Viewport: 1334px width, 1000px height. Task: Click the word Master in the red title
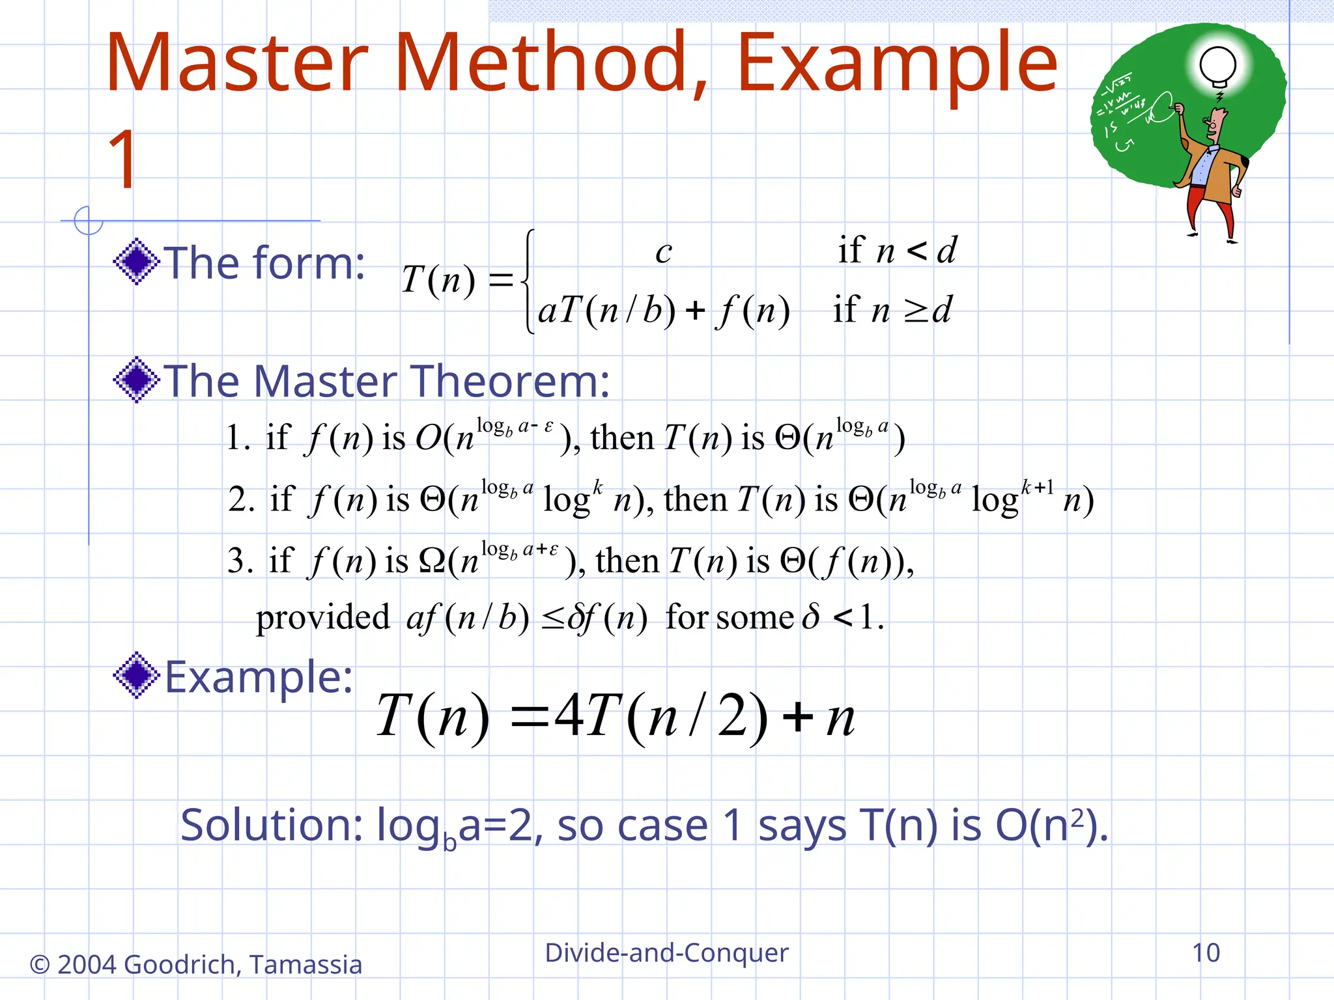[236, 63]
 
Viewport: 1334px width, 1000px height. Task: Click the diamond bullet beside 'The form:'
[136, 262]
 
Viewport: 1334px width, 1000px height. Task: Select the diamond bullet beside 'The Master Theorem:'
[136, 380]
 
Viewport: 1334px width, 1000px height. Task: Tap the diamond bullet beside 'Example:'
[136, 675]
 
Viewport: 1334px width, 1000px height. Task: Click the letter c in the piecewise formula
[663, 253]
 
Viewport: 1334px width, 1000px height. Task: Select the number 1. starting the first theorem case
[238, 437]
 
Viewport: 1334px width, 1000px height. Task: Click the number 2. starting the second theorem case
[241, 500]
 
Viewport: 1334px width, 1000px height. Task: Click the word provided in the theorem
[322, 617]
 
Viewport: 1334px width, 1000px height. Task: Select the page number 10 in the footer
[1206, 952]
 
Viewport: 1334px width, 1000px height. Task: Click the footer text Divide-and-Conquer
[666, 952]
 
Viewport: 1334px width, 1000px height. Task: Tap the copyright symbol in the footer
[40, 965]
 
